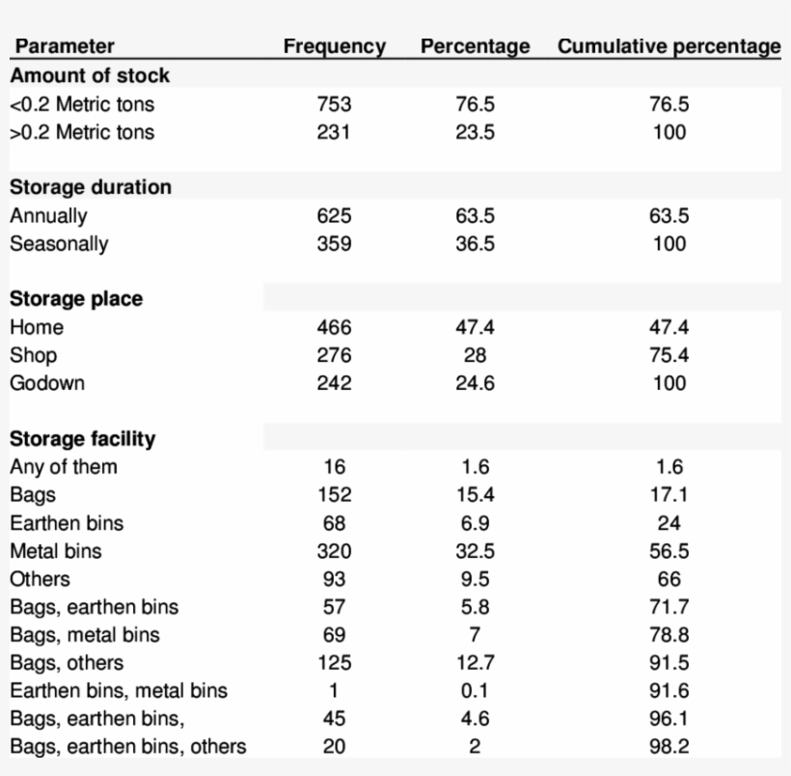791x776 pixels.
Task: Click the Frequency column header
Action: tap(334, 46)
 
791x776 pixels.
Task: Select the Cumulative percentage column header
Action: tap(668, 46)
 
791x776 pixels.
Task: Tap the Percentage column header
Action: tap(475, 46)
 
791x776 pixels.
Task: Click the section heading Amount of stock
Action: tap(90, 75)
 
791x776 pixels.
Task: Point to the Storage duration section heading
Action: tap(91, 187)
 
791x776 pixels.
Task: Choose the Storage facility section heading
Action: tap(82, 439)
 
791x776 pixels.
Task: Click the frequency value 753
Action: tap(334, 104)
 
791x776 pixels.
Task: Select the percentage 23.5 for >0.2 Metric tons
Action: tap(475, 132)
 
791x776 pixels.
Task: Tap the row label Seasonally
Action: tap(59, 244)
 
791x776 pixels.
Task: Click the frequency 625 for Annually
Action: tap(334, 216)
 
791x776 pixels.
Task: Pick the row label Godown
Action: tap(47, 383)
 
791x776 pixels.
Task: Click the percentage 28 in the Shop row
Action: tap(475, 355)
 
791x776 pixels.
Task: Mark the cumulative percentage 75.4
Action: tap(668, 355)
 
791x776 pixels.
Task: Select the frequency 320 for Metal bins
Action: tap(334, 551)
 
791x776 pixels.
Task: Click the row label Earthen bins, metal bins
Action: tap(119, 691)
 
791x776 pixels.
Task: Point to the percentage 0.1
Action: tap(475, 691)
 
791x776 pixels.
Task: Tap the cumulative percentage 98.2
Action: tap(668, 747)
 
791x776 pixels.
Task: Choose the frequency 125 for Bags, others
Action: tap(334, 663)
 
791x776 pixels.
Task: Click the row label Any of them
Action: tap(64, 467)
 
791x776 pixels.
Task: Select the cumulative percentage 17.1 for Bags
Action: tap(668, 495)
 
